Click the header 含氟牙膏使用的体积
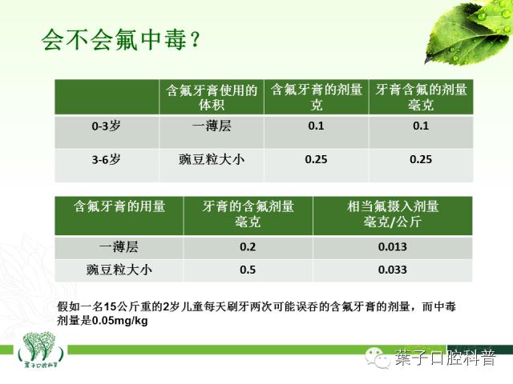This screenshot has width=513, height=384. point(212,97)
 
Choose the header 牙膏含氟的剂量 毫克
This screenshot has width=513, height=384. point(421,97)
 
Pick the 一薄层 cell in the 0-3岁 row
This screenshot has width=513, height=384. point(212,126)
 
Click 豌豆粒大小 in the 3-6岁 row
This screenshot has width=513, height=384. point(212,159)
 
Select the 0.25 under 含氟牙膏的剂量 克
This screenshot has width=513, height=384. point(317,159)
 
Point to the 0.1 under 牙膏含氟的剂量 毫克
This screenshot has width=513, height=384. point(421,126)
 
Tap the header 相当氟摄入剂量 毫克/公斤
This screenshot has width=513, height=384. point(393,214)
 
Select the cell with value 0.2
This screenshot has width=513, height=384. point(248,247)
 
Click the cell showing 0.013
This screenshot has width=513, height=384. point(393,247)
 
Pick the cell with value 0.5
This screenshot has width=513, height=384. point(248,270)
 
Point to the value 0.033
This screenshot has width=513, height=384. point(393,270)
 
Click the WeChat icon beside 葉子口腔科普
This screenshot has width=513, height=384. point(376,358)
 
